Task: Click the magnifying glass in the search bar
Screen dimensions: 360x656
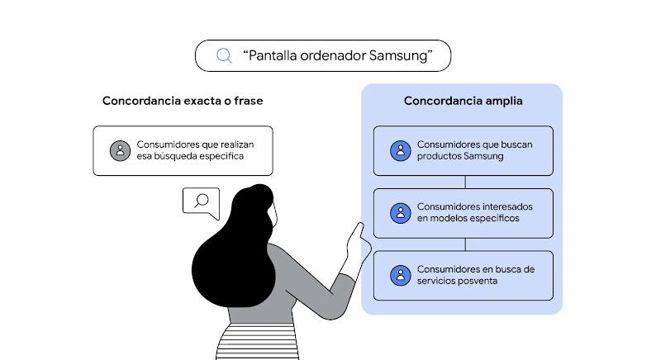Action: click(x=223, y=55)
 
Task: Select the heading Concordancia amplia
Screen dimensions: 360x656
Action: click(x=463, y=101)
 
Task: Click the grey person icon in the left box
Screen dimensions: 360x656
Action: click(x=120, y=150)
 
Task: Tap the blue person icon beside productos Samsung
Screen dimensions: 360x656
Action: click(x=400, y=150)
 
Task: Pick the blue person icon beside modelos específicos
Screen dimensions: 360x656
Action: click(x=400, y=212)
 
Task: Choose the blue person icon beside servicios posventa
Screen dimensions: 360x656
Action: click(x=400, y=275)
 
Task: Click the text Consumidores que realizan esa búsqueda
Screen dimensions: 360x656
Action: click(x=195, y=150)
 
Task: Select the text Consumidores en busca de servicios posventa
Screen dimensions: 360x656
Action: click(x=476, y=275)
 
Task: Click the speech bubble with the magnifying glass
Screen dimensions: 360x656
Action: click(x=201, y=201)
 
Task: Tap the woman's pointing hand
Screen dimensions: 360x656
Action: click(x=357, y=241)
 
